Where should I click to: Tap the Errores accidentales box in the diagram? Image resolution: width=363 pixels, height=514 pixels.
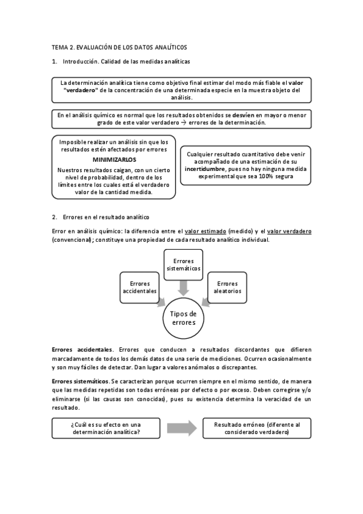click(x=140, y=287)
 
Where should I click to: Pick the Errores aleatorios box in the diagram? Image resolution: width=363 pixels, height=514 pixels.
click(x=227, y=287)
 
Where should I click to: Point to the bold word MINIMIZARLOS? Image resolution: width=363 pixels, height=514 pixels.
click(x=113, y=159)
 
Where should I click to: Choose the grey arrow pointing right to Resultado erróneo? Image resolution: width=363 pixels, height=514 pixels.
click(x=182, y=428)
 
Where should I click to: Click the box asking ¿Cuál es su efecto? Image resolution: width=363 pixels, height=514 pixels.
click(x=107, y=429)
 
